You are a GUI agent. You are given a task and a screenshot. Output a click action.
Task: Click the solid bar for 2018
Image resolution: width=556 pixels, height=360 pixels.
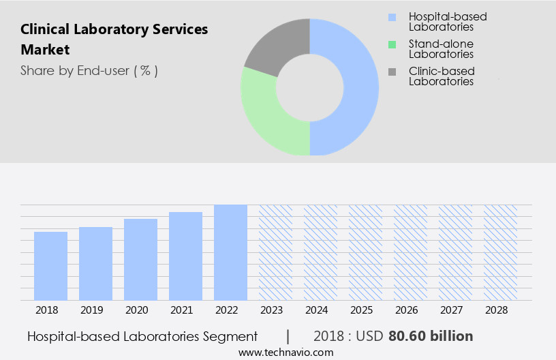click(50, 266)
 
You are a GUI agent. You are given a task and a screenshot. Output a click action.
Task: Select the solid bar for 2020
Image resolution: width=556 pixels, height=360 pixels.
click(140, 259)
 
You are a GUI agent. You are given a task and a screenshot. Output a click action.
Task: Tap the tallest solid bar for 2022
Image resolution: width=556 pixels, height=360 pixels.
click(230, 252)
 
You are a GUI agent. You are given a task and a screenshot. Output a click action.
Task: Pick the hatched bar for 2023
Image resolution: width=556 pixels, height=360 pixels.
click(275, 252)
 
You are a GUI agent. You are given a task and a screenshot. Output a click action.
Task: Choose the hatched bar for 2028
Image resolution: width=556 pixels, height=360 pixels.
click(500, 252)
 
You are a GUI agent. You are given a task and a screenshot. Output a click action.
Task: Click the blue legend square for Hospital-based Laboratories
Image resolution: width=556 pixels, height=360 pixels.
click(392, 17)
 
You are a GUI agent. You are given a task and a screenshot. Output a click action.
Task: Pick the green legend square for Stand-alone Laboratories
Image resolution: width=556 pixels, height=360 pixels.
click(392, 44)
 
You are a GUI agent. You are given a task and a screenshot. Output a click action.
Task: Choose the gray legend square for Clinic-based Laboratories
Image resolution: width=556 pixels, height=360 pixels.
click(392, 72)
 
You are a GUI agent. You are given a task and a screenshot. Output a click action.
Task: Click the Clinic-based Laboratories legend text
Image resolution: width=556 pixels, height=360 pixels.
click(441, 76)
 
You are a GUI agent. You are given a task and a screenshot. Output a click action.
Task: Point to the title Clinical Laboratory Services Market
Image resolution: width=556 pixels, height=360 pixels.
click(114, 40)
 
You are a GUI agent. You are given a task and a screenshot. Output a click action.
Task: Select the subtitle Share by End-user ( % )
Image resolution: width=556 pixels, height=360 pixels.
click(89, 70)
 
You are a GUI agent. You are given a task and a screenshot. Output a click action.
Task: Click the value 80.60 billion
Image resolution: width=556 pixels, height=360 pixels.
click(431, 336)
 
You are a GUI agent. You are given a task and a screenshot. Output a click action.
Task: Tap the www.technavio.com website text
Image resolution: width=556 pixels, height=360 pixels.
click(286, 352)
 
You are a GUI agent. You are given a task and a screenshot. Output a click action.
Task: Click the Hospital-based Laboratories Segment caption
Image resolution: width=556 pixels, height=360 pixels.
click(142, 336)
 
